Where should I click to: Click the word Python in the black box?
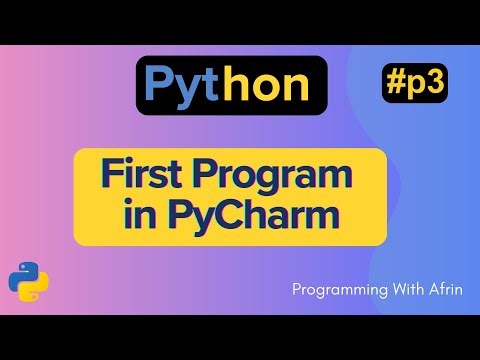coord(226,86)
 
